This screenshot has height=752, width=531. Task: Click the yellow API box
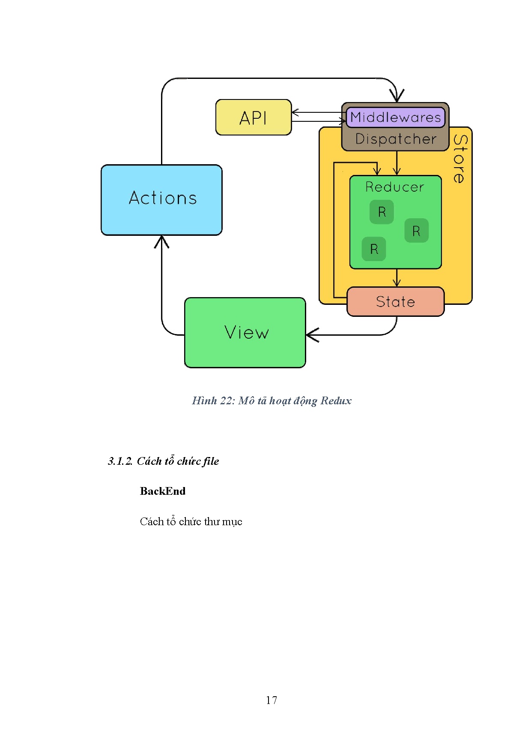(x=254, y=117)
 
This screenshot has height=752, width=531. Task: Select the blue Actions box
(x=161, y=200)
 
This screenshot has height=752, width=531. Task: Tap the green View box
(x=245, y=333)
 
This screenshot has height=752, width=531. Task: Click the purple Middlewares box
(x=395, y=117)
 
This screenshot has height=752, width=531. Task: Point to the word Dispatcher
(x=396, y=139)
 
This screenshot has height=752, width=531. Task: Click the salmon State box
(x=395, y=302)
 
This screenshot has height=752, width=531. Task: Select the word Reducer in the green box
(x=394, y=187)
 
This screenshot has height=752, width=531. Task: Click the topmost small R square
(x=382, y=212)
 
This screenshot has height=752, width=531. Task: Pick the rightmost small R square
(x=416, y=231)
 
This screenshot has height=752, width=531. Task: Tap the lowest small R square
(x=374, y=249)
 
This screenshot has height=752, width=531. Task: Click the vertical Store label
(x=459, y=159)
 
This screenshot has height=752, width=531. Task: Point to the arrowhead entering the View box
(x=312, y=335)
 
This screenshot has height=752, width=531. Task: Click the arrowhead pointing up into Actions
(x=161, y=241)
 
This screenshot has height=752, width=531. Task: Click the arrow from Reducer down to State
(x=397, y=278)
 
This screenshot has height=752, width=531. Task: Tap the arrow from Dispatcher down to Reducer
(x=397, y=163)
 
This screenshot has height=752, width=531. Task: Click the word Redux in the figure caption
(x=336, y=401)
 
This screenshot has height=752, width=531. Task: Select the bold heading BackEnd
(x=163, y=491)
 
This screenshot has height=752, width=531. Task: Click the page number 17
(x=271, y=700)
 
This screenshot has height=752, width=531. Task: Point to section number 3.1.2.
(x=120, y=461)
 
